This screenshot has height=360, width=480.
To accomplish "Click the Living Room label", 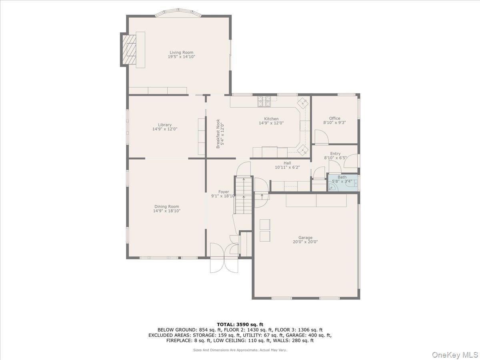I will coord(181,52).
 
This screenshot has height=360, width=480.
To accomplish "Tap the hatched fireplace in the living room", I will coord(129,50).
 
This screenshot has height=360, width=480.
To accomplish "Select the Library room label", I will coord(164,125).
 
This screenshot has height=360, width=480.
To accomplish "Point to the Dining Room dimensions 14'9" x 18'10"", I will coord(167,211).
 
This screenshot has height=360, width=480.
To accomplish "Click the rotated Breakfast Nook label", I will coord(218,134).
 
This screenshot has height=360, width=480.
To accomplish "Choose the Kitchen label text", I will coord(271,119).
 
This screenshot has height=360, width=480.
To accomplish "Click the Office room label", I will coord(334,118).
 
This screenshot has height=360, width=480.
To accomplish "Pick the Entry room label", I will coord(335,154).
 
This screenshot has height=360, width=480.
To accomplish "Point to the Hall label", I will coord(287,163).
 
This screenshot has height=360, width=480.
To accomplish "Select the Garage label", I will coord(305,238).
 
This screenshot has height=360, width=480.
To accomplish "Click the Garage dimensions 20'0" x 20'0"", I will coord(305,242).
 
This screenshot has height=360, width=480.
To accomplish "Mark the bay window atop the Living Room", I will coord(178,14).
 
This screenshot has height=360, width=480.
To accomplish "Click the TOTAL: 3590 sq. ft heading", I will coord(240,324).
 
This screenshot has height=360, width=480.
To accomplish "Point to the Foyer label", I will coord(224,192).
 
